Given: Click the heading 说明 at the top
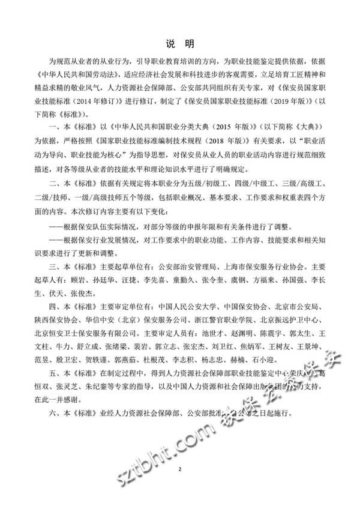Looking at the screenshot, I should [179, 44].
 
